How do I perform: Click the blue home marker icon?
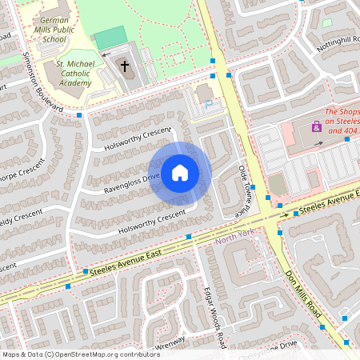click(x=180, y=173)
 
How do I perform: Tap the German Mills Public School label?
click(x=60, y=30)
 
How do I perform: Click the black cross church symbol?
click(x=123, y=67)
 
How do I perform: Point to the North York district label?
click(x=234, y=238)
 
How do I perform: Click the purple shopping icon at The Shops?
click(x=316, y=127)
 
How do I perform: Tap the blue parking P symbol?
click(x=209, y=103)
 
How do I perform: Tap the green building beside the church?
click(x=110, y=38)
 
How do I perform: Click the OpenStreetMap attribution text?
click(x=81, y=354)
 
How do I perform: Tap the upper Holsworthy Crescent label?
click(x=138, y=138)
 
